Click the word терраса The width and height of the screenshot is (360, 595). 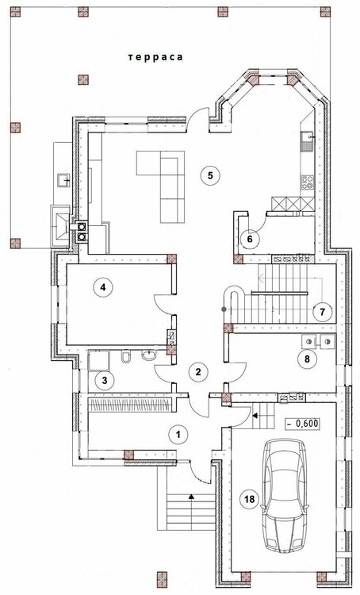155,57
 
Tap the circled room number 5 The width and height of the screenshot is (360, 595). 211,175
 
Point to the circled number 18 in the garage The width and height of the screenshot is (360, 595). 250,499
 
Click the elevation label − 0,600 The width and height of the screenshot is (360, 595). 302,424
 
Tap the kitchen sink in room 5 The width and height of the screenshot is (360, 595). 307,140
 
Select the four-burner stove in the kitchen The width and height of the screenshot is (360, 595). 308,182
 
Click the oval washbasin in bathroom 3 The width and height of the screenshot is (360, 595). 149,355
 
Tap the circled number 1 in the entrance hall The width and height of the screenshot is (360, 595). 178,434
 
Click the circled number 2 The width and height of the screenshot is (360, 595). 197,372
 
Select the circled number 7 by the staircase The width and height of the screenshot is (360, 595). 323,312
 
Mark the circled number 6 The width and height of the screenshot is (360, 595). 249,240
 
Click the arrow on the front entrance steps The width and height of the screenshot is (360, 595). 192,496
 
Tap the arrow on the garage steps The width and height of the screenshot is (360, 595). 255,416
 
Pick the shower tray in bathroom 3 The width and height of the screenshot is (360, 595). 98,360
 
